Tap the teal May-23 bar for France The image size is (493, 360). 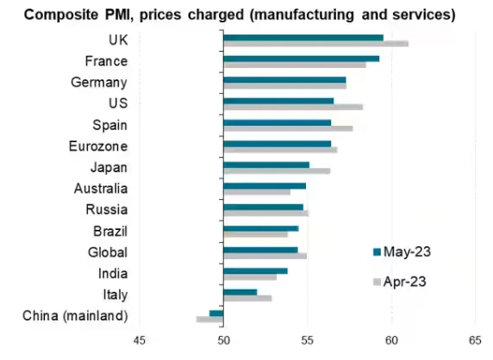pyautogui.click(x=301, y=59)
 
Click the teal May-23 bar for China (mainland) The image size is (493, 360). pyautogui.click(x=216, y=313)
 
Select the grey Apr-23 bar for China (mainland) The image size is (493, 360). pyautogui.click(x=210, y=320)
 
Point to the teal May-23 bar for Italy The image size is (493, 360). pyautogui.click(x=240, y=292)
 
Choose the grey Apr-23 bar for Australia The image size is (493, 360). pyautogui.click(x=257, y=192)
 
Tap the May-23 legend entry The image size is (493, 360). pyautogui.click(x=401, y=251)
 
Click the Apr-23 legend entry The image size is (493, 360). pyautogui.click(x=401, y=281)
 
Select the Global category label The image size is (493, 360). pyautogui.click(x=108, y=252)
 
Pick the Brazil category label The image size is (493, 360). pyautogui.click(x=110, y=231)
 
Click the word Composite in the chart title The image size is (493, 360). pyautogui.click(x=57, y=15)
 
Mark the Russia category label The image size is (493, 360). pyautogui.click(x=108, y=209)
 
